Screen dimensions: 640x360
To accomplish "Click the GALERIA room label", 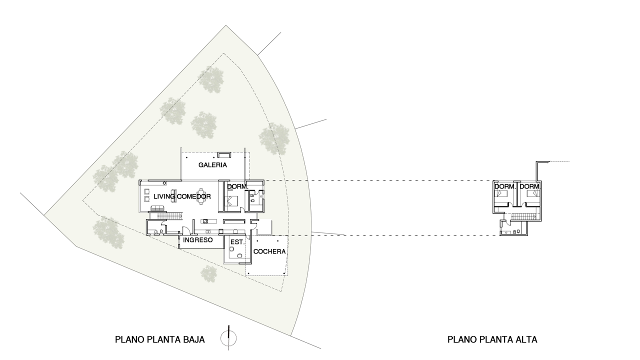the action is tap(212, 165).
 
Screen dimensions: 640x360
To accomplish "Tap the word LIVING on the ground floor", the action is tap(164, 196).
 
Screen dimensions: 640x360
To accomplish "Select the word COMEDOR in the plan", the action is tap(194, 196).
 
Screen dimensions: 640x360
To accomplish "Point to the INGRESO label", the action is tap(197, 240).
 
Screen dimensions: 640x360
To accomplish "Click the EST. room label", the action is tap(237, 242).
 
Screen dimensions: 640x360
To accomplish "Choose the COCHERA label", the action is tap(269, 251).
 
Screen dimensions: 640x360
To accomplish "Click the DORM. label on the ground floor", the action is tap(237, 186).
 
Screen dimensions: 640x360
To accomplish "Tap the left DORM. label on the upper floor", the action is tap(505, 186).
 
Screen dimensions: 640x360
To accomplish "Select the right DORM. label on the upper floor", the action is tap(530, 186).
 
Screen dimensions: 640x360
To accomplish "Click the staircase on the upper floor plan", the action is tap(523, 217).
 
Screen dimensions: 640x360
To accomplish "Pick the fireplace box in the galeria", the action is tap(224, 155).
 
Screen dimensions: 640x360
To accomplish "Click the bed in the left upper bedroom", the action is tap(502, 193).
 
